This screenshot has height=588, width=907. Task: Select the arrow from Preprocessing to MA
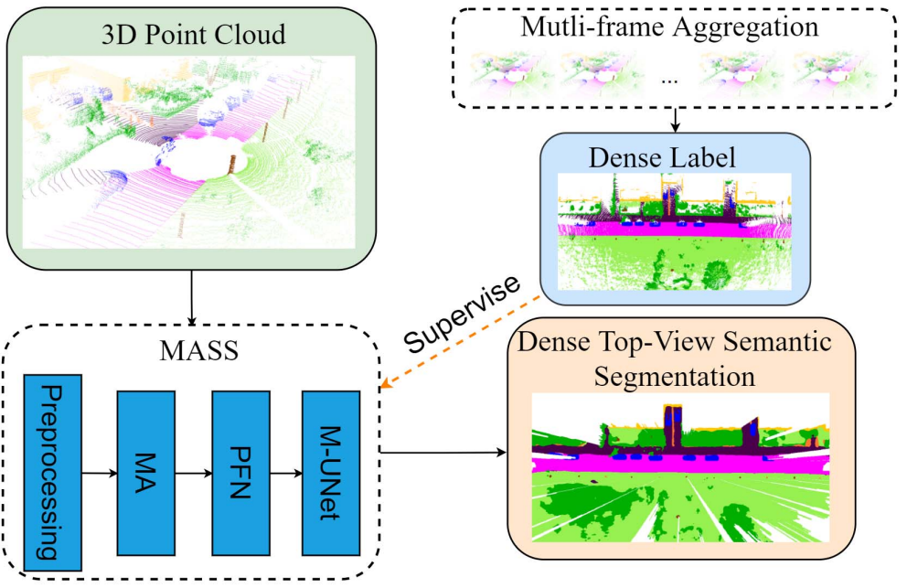pos(100,473)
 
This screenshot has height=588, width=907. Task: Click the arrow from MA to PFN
pos(194,473)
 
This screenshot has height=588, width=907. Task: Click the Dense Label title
pos(676,156)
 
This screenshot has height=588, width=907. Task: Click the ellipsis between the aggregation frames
pos(670,80)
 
